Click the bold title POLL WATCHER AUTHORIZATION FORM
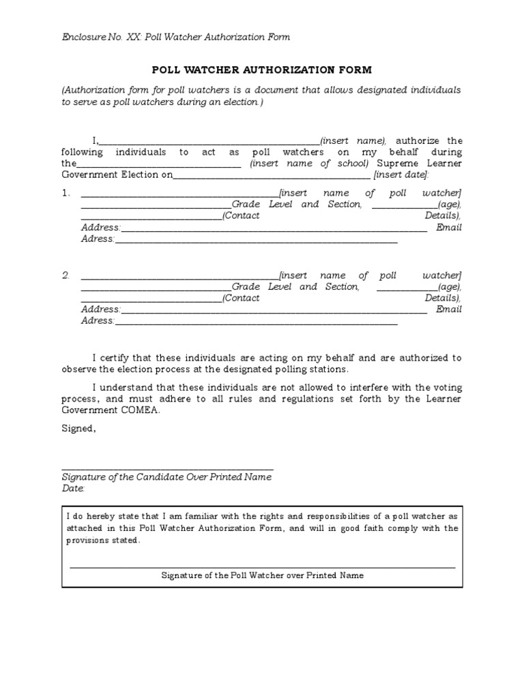(261, 70)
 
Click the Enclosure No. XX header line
(175, 37)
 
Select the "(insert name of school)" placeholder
(309, 164)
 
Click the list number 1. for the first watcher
(65, 194)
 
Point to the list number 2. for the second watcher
(65, 276)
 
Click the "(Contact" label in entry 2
(242, 299)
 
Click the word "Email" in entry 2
(449, 309)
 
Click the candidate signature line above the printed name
(168, 469)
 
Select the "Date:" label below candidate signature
(74, 489)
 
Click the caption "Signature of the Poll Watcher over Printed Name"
(262, 575)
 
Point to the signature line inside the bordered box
(262, 567)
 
